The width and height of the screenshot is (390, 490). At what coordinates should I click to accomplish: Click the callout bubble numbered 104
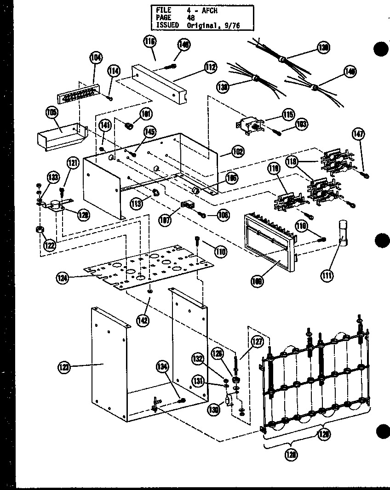95,57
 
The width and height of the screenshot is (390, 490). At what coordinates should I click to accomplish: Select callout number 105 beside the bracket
52,112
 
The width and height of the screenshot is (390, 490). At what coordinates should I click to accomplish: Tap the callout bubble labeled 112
210,68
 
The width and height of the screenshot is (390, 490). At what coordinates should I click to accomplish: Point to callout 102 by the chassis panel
238,151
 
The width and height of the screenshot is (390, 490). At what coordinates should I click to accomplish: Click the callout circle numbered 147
358,134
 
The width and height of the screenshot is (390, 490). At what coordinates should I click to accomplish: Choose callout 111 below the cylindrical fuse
327,275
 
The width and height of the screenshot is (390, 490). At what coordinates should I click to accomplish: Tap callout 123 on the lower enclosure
64,366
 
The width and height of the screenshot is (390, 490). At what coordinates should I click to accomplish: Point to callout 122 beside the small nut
49,245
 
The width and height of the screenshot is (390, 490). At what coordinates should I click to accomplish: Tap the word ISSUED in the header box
167,25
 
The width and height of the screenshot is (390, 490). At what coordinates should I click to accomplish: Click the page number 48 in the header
191,18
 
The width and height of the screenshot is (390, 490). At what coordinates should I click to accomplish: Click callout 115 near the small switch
288,114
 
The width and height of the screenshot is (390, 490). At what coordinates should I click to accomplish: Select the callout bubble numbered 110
220,251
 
